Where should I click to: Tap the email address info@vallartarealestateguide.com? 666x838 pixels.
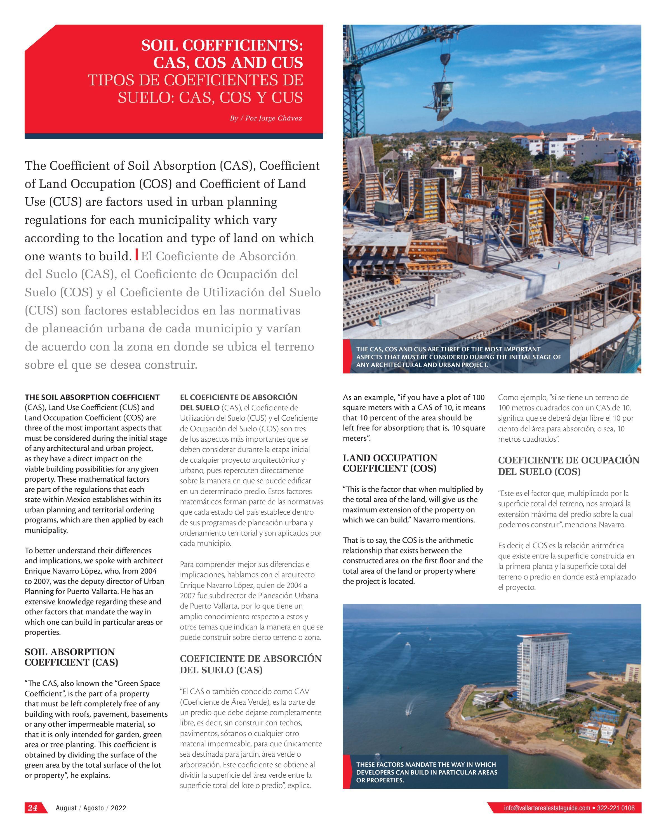pyautogui.click(x=547, y=808)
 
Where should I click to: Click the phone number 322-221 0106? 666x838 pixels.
pyautogui.click(x=616, y=808)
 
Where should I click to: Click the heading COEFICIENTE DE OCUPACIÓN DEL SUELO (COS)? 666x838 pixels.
pyautogui.click(x=568, y=466)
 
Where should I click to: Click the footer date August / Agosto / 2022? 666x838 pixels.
pyautogui.click(x=91, y=808)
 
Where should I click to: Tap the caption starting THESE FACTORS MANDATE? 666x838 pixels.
pyautogui.click(x=426, y=772)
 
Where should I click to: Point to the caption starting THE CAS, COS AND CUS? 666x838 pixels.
pyautogui.click(x=458, y=357)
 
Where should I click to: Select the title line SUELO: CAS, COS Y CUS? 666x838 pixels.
pyautogui.click(x=210, y=97)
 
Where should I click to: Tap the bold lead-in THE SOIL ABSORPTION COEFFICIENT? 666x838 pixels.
pyautogui.click(x=92, y=397)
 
